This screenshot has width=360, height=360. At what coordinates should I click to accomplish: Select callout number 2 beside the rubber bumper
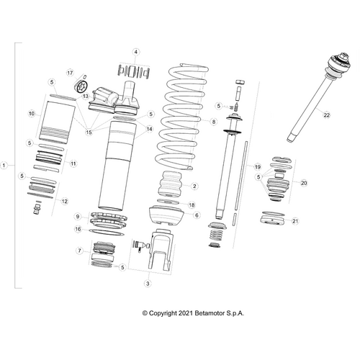[x=194, y=186]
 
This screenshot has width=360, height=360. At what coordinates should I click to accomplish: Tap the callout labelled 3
[x=147, y=285]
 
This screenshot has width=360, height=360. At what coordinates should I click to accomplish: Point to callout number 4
[x=137, y=52]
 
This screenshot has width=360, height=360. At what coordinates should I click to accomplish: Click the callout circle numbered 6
[x=196, y=215]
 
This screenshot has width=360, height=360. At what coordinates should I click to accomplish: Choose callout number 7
[x=78, y=251]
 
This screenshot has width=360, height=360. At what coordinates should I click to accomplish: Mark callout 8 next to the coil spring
[x=213, y=122]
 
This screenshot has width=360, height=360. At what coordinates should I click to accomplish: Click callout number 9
[x=77, y=216]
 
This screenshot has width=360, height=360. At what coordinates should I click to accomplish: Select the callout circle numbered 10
[x=31, y=114]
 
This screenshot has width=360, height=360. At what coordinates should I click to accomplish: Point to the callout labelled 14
[x=150, y=129]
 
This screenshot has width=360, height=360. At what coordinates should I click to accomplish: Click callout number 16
[x=77, y=229]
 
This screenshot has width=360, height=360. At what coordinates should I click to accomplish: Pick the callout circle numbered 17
[x=71, y=73]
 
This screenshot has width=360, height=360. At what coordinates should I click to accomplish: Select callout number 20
[x=304, y=183]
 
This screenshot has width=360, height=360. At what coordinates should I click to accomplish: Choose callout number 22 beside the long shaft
[x=326, y=115]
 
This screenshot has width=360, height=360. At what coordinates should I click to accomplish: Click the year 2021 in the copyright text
[x=184, y=312]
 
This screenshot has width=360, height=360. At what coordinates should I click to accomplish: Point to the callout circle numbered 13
[x=85, y=96]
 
